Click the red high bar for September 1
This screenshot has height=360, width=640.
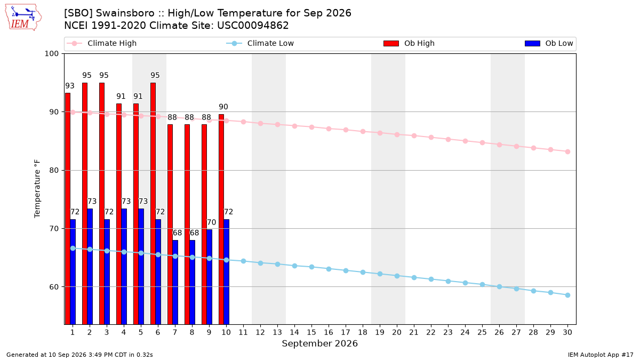pyautogui.click(x=68, y=209)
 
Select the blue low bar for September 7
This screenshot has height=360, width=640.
pyautogui.click(x=175, y=282)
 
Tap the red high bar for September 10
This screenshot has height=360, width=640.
pyautogui.click(x=221, y=219)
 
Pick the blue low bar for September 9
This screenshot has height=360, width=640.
pyautogui.click(x=210, y=277)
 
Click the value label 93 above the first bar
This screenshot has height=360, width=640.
pyautogui.click(x=70, y=86)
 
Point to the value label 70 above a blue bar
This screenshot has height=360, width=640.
pyautogui.click(x=211, y=222)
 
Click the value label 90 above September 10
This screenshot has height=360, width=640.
pyautogui.click(x=223, y=107)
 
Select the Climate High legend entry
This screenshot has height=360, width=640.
pyautogui.click(x=101, y=43)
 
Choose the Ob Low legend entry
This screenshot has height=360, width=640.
pyautogui.click(x=549, y=43)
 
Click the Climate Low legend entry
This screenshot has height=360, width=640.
pyautogui.click(x=260, y=43)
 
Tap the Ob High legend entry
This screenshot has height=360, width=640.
pyautogui.click(x=409, y=43)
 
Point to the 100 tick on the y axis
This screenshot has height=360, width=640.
pyautogui.click(x=51, y=54)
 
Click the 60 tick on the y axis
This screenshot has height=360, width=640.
pyautogui.click(x=54, y=287)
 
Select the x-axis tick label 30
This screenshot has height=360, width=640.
pyautogui.click(x=567, y=332)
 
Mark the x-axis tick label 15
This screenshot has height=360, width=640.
pyautogui.click(x=311, y=332)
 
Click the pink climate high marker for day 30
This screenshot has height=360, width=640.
pyautogui.click(x=567, y=151)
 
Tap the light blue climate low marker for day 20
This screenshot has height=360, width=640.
pyautogui.click(x=397, y=276)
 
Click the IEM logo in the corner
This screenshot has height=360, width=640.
pyautogui.click(x=23, y=18)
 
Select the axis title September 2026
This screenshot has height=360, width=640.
pyautogui.click(x=319, y=343)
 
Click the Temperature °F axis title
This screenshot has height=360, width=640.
pyautogui.click(x=37, y=189)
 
